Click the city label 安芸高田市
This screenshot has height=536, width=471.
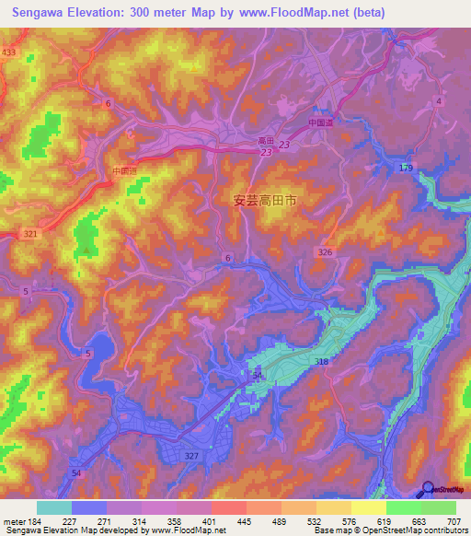[265, 199]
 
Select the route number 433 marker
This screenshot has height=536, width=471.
[9, 52]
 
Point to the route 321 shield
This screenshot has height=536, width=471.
[30, 234]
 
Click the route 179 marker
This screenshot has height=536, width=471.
[407, 167]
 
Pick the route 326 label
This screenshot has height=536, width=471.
[325, 251]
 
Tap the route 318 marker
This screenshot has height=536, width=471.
[322, 362]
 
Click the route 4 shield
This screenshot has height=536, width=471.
[440, 100]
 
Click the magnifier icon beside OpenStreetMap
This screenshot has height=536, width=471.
[428, 489]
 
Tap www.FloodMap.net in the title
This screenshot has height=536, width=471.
[299, 12]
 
